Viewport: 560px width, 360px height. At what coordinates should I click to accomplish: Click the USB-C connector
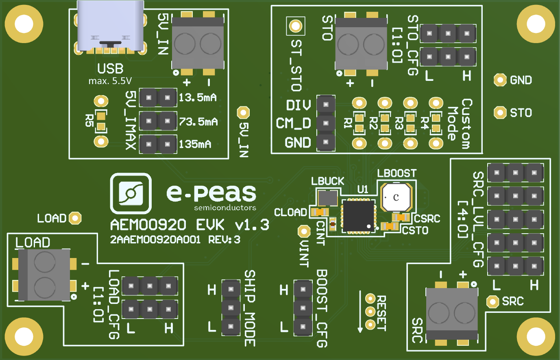pos(110,26)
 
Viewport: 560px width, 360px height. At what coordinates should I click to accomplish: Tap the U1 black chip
pos(358,216)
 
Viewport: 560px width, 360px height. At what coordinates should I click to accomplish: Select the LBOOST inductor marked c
pos(396,197)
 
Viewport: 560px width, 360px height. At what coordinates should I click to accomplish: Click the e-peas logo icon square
pos(131,193)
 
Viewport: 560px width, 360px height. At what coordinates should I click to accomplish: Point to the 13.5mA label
pos(198,98)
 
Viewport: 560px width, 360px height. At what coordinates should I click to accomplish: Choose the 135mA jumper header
pos(158,144)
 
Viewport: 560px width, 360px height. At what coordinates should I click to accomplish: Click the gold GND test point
pos(500,80)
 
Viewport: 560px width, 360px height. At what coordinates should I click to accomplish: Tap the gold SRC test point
pos(492,301)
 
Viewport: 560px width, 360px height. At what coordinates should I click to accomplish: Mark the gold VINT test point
pos(304,231)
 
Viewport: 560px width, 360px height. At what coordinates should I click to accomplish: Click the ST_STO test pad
pos(295,26)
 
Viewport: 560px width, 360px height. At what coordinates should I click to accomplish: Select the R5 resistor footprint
pos(101,121)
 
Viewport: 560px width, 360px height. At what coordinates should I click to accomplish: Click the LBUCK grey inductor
pos(327,198)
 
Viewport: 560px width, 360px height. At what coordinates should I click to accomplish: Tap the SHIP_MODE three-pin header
pos(231,308)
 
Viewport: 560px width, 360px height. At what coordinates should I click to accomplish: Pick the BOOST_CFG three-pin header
pos(303,308)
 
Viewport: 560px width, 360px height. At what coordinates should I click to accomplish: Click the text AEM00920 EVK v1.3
pos(190,225)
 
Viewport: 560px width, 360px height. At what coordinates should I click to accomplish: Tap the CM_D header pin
pos(326,123)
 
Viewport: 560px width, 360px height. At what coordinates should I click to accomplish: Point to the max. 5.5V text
pos(110,81)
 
